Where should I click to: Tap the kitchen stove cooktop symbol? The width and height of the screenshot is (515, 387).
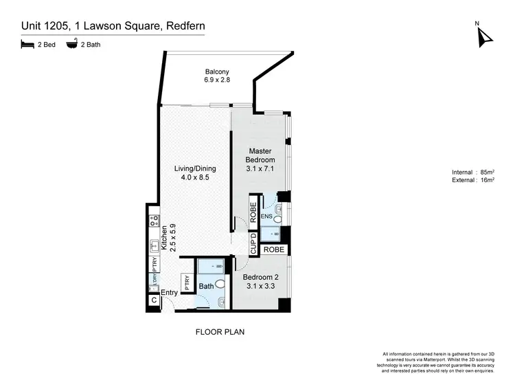(154, 221)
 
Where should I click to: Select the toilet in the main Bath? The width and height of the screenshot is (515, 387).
(220, 283)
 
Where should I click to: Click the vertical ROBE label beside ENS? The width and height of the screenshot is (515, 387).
(253, 212)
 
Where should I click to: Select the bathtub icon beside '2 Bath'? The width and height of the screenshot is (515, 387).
(71, 45)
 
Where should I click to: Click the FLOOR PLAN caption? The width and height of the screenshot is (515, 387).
(221, 331)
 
